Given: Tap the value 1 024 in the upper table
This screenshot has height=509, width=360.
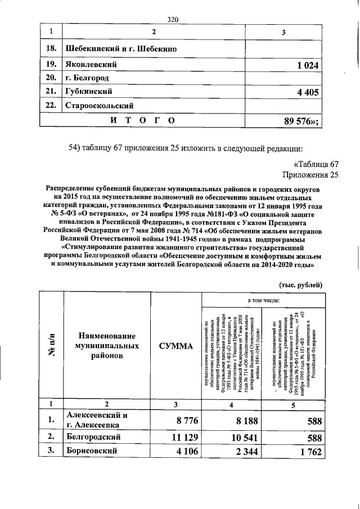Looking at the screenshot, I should click(305, 66).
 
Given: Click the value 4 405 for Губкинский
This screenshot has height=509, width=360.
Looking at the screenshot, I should click(305, 91).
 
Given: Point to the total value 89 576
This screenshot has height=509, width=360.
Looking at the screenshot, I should click(302, 121).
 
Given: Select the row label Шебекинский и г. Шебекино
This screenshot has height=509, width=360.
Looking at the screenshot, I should click(121, 49).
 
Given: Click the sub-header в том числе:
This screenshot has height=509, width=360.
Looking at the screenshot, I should click(261, 301).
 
